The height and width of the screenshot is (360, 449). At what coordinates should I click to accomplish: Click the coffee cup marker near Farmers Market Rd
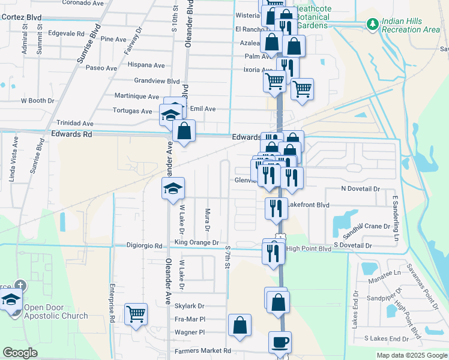pyautogui.click(x=280, y=343)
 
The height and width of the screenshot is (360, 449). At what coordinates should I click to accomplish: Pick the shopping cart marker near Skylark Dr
pyautogui.click(x=136, y=313)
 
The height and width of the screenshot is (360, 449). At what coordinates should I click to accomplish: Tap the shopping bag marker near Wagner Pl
pyautogui.click(x=240, y=325)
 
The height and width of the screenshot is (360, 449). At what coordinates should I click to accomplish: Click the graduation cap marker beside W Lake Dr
pyautogui.click(x=173, y=188)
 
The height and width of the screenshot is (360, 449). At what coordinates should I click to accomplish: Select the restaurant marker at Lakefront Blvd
pyautogui.click(x=276, y=208)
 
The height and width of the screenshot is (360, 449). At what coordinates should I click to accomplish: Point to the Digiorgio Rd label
pyautogui.click(x=145, y=246)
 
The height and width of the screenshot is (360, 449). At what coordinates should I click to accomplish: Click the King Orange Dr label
pyautogui.click(x=196, y=242)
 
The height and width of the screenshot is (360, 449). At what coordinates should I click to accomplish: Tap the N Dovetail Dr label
pyautogui.click(x=361, y=188)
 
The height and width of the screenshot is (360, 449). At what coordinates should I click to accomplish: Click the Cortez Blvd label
pyautogui.click(x=20, y=17)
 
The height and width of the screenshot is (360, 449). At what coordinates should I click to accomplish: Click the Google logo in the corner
pyautogui.click(x=20, y=353)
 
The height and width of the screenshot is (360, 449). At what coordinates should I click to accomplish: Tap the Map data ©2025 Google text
pyautogui.click(x=411, y=355)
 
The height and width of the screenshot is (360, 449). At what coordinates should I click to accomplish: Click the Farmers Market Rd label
pyautogui.click(x=202, y=350)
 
